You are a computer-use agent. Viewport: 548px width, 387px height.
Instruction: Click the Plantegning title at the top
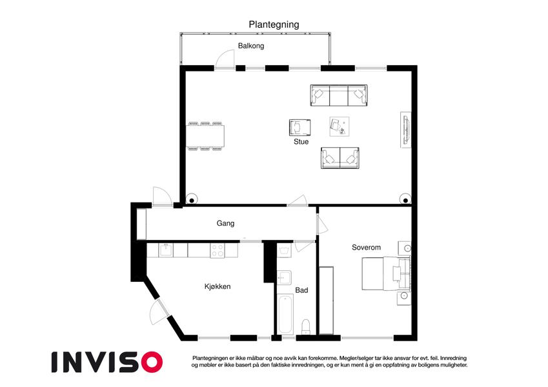click(x=274, y=25)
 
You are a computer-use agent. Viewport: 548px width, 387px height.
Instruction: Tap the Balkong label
click(x=251, y=46)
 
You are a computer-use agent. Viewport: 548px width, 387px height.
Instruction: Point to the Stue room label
click(x=301, y=141)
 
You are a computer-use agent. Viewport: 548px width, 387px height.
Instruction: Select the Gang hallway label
click(x=225, y=223)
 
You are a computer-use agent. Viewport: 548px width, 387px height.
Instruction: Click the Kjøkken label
click(x=218, y=286)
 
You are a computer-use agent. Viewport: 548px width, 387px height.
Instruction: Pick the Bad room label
click(x=301, y=290)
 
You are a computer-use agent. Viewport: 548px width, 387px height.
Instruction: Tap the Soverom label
click(x=366, y=247)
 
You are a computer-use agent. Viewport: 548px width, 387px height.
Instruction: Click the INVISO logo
click(x=107, y=362)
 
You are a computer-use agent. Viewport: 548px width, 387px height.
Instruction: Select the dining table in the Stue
click(x=205, y=136)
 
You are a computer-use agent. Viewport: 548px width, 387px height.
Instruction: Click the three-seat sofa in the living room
click(x=339, y=95)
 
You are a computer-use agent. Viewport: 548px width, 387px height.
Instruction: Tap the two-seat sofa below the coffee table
click(x=340, y=158)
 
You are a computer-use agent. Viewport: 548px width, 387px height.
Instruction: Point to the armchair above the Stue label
click(x=299, y=128)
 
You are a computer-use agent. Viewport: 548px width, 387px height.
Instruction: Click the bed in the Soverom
click(x=386, y=274)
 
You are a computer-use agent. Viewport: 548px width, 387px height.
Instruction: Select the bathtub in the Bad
click(x=285, y=314)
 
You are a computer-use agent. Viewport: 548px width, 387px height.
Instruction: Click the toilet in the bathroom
click(x=306, y=326)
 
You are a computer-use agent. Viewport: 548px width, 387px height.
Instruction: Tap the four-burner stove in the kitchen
click(x=218, y=250)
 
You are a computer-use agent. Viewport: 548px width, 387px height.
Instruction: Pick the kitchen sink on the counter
click(x=166, y=250)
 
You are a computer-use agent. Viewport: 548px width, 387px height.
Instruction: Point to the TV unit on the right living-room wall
click(x=406, y=130)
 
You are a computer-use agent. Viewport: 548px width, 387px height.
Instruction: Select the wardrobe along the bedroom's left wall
click(x=326, y=301)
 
